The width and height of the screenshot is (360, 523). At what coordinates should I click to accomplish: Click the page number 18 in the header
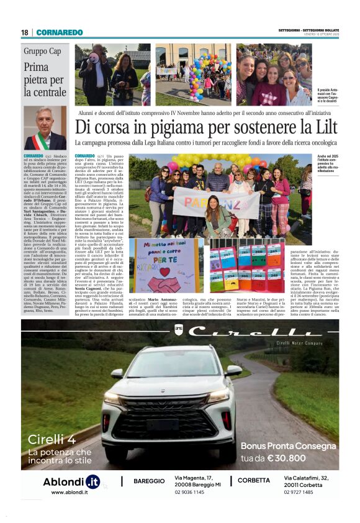(x=24, y=32)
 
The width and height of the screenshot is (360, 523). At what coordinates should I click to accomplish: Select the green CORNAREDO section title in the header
(x=59, y=32)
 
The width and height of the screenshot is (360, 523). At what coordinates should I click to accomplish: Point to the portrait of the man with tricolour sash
(x=45, y=128)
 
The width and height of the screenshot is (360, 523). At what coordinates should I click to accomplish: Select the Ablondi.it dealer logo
(x=71, y=481)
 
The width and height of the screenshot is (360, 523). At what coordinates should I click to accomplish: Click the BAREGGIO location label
(x=149, y=481)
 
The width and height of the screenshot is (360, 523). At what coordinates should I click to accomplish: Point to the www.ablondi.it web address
(x=65, y=492)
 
